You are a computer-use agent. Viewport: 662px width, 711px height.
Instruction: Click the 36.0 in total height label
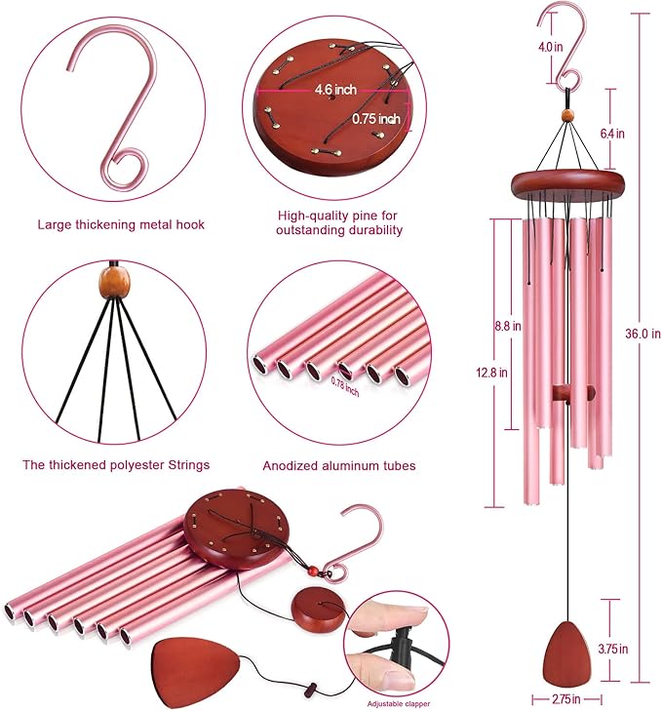pyautogui.click(x=643, y=334)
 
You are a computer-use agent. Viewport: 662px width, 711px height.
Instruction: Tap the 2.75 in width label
pyautogui.click(x=563, y=699)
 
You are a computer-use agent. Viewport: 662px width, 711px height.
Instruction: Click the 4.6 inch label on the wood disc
pyautogui.click(x=333, y=90)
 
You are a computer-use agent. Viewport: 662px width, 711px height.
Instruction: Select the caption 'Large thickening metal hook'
pyautogui.click(x=121, y=224)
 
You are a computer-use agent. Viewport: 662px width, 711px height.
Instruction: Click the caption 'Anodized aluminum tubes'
pyautogui.click(x=339, y=466)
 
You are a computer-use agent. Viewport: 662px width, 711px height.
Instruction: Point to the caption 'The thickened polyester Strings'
pyautogui.click(x=116, y=465)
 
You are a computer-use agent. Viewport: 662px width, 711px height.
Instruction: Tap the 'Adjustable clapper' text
pyautogui.click(x=401, y=703)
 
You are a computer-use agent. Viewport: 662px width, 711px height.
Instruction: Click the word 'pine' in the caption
pyautogui.click(x=365, y=215)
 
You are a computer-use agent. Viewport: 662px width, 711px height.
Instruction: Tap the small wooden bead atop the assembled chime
pyautogui.click(x=567, y=117)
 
